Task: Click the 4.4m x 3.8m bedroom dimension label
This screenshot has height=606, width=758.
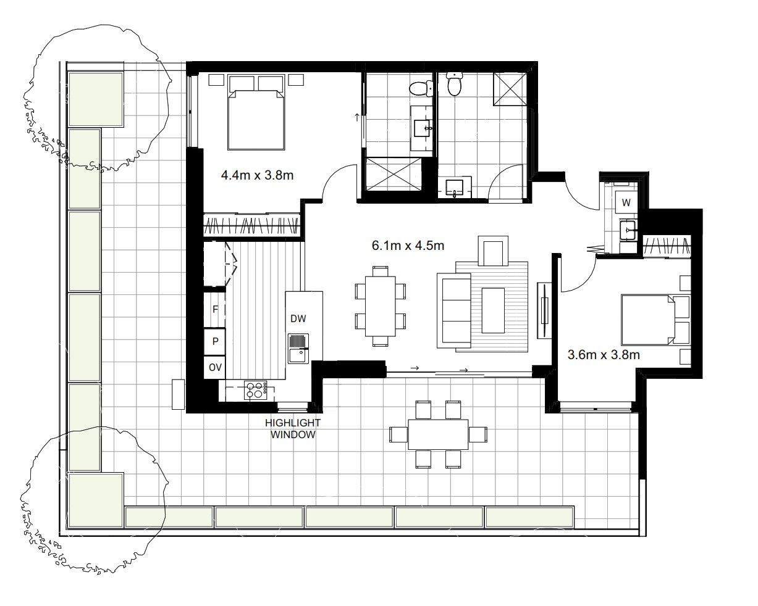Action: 257,175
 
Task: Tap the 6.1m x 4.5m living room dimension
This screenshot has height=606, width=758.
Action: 408,246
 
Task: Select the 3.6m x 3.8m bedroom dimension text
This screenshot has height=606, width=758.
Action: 603,355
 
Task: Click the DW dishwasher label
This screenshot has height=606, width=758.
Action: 298,318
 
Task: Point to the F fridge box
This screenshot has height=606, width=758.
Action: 215,310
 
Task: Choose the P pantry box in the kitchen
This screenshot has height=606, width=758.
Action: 215,341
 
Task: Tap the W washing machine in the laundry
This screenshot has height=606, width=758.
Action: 626,202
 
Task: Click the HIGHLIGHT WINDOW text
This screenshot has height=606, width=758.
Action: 293,428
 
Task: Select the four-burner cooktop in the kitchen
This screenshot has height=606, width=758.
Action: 255,390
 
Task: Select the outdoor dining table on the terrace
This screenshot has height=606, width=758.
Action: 438,434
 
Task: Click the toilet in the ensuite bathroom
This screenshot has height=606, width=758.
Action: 421,89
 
